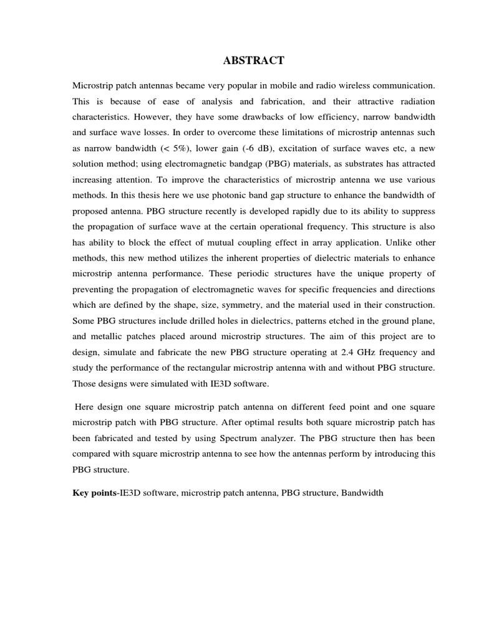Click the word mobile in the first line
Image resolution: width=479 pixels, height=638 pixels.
tap(271, 84)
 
